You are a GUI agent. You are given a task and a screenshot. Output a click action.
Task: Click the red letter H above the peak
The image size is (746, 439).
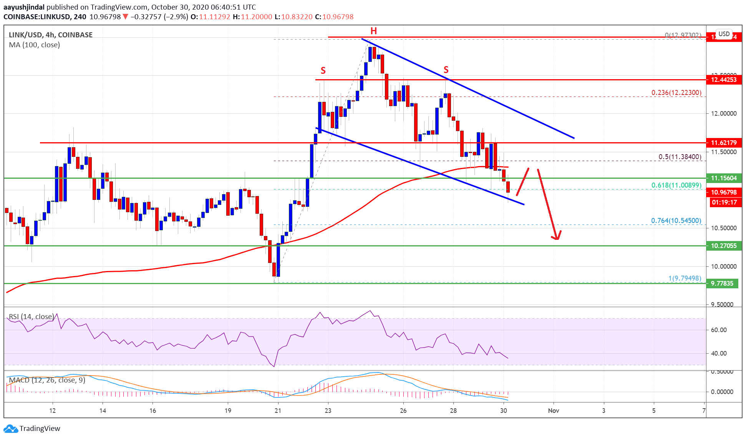pos(373,31)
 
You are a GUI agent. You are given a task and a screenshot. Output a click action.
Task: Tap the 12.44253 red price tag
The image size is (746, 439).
pos(723,80)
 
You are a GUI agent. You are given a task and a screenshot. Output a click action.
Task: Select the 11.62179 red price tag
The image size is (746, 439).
pos(723,143)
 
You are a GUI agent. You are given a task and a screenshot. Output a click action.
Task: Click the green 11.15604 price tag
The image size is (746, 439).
pos(723,178)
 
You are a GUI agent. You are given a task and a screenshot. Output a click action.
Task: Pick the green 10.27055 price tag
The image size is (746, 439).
pos(723,246)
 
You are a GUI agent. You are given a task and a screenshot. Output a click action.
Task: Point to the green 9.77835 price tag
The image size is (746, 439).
pos(722,284)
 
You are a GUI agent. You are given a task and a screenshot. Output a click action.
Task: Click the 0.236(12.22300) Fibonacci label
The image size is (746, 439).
pos(676,93)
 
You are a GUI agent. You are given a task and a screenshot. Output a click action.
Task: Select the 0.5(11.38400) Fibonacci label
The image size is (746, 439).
pos(680,157)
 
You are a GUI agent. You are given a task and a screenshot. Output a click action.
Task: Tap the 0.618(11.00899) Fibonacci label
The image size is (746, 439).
pos(676,185)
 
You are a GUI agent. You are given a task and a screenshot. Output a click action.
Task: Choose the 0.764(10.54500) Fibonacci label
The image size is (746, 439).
pos(676,221)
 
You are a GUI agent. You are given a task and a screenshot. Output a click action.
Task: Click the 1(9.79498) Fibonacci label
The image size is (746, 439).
pos(685,278)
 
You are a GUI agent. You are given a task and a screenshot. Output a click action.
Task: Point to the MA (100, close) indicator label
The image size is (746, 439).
pos(35,45)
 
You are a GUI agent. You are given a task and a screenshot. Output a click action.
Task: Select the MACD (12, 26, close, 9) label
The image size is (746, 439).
pos(47,380)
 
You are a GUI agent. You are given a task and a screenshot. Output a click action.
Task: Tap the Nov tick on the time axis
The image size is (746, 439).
pos(553,411)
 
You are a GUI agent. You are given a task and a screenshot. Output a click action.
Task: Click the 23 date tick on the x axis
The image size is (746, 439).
pos(328,411)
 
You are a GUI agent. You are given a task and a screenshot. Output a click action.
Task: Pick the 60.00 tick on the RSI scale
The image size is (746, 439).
pos(719,330)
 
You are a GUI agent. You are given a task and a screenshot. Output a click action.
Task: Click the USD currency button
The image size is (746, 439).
pos(724,34)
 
